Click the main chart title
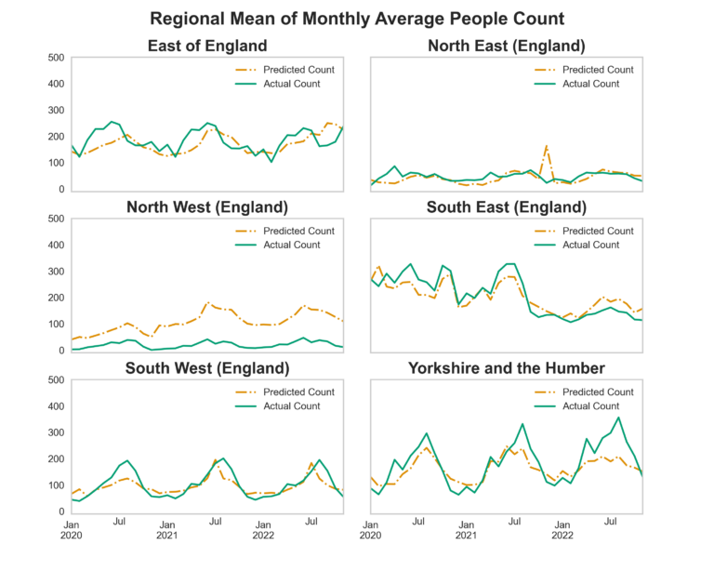[357, 19]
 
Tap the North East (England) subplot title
[506, 46]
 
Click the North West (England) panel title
[207, 206]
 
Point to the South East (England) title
[506, 206]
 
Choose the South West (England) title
[207, 368]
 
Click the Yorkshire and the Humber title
[506, 368]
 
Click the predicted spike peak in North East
[547, 145]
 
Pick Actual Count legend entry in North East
[589, 84]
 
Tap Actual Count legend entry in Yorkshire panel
[589, 405]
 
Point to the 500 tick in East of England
[55, 58]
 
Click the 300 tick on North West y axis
[55, 272]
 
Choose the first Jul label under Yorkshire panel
[418, 523]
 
